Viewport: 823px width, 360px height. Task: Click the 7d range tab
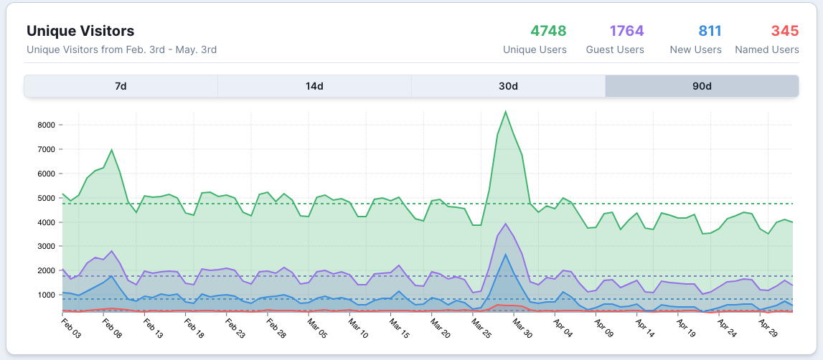(x=121, y=86)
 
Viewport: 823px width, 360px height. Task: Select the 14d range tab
(x=314, y=86)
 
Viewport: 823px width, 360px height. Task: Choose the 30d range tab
(x=508, y=86)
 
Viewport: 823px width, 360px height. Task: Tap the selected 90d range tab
(x=702, y=86)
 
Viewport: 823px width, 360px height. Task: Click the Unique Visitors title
(x=80, y=31)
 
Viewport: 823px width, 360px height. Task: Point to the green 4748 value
(x=548, y=31)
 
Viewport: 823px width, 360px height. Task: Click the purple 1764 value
(x=626, y=31)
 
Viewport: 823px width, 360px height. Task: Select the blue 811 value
(x=710, y=31)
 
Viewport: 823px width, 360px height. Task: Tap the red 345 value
(x=785, y=31)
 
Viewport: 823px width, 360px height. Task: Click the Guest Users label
(x=615, y=49)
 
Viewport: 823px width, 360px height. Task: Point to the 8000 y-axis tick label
(x=45, y=125)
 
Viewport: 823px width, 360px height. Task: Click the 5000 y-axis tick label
(x=45, y=198)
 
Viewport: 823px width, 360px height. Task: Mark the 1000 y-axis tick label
(x=45, y=295)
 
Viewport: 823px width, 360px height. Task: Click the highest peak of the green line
(x=506, y=111)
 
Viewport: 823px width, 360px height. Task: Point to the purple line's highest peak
(x=506, y=224)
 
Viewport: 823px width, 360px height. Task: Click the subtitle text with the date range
(x=121, y=49)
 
